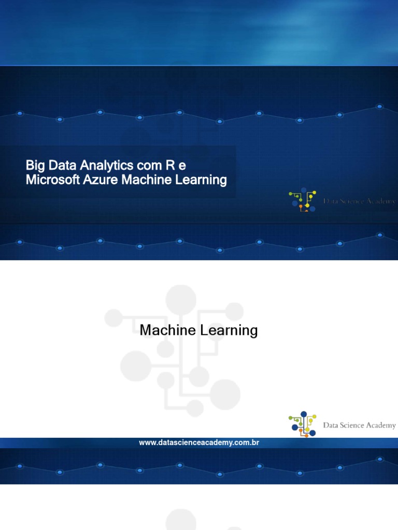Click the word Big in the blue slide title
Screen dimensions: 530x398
click(x=35, y=166)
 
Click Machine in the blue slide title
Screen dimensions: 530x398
click(x=145, y=180)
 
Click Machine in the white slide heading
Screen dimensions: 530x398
click(x=166, y=330)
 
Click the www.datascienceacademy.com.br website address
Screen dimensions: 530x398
click(x=199, y=443)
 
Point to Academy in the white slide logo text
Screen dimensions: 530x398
click(x=379, y=425)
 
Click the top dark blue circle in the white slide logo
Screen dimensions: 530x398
click(x=304, y=415)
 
